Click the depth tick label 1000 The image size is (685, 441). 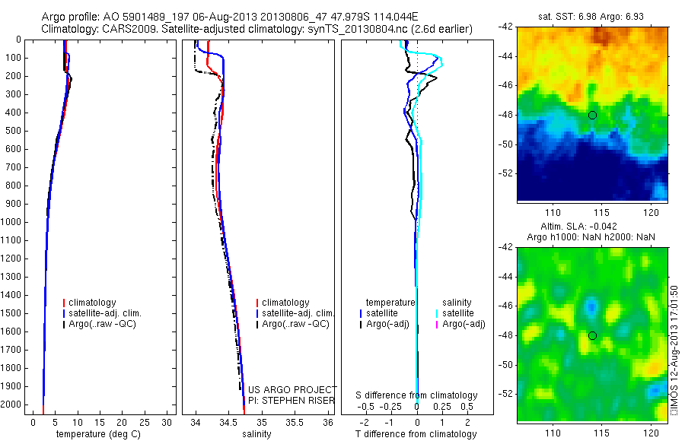coord(12,222)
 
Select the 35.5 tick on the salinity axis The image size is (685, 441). coord(294,420)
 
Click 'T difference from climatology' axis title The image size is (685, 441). coord(416,434)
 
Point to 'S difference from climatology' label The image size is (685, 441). coord(416,395)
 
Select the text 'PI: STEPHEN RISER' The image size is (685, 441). coord(292,399)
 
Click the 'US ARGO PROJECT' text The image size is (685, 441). coord(292,389)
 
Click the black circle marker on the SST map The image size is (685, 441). coord(592,115)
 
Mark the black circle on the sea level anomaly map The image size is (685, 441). coord(592,335)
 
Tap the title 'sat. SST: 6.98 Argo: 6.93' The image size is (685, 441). coord(592,16)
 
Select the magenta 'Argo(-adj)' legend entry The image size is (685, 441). coord(464,325)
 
